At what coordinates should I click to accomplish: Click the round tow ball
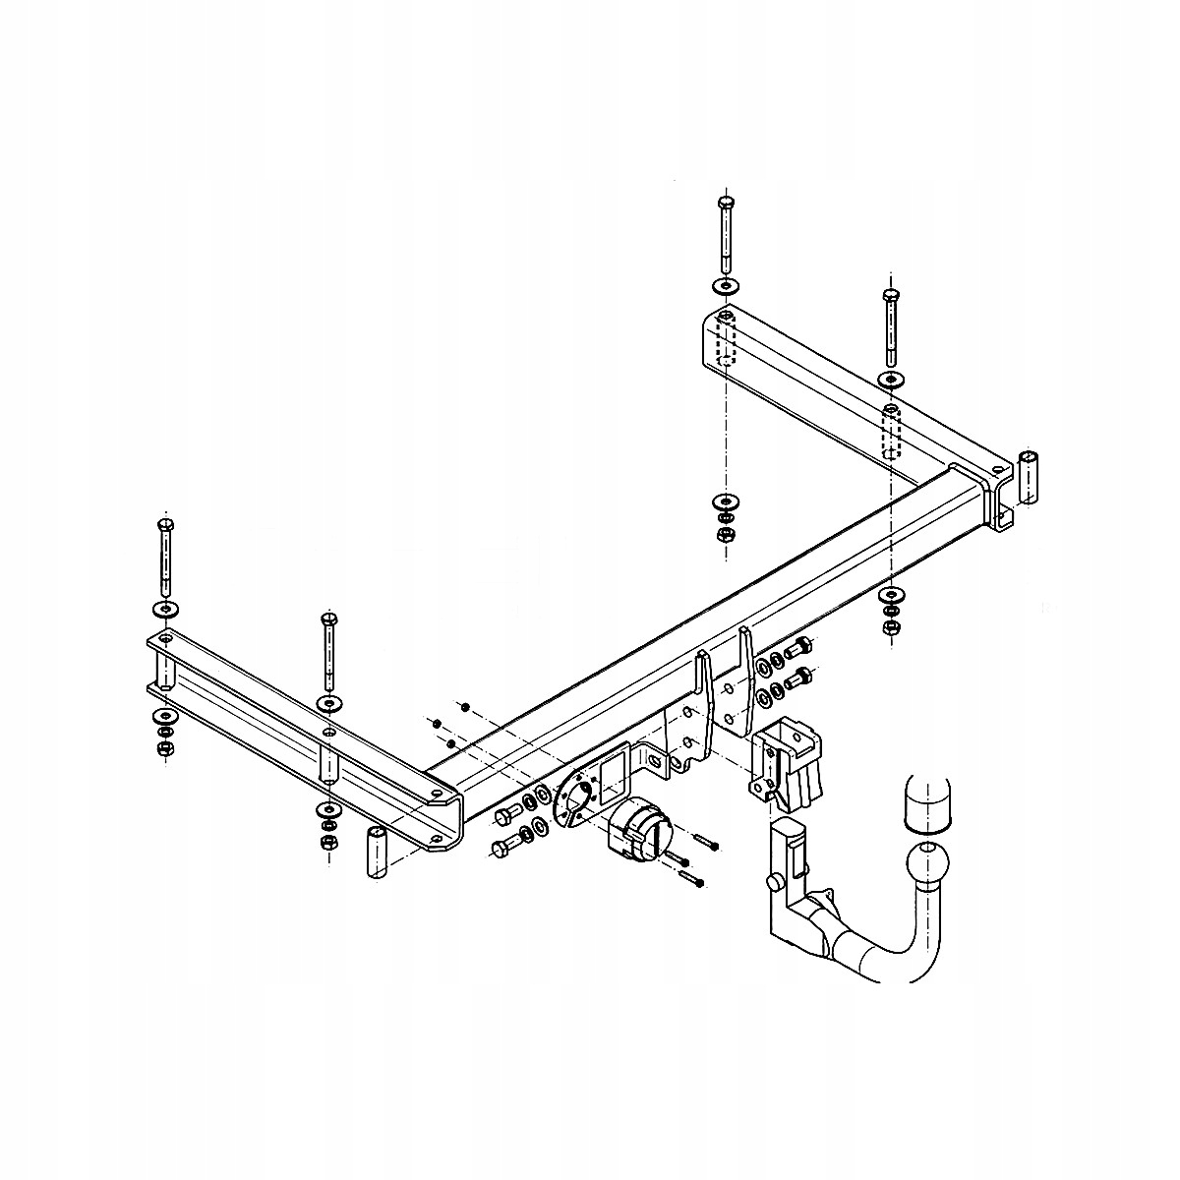[x=927, y=861]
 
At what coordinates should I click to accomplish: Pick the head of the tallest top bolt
[x=726, y=204]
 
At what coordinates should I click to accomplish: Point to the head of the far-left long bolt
[x=165, y=525]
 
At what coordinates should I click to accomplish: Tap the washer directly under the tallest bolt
[x=726, y=286]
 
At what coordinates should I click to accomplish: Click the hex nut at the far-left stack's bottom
[x=164, y=749]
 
